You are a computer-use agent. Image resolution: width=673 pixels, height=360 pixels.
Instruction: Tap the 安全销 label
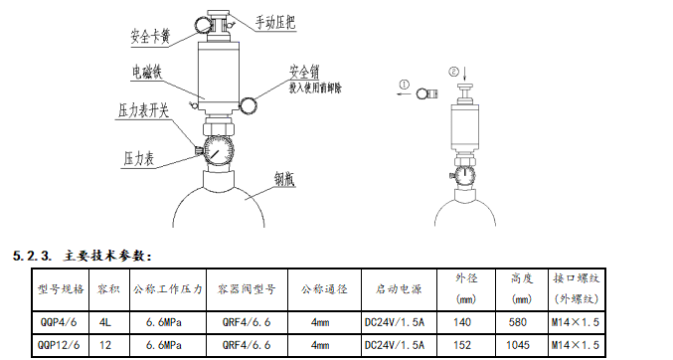[304, 72]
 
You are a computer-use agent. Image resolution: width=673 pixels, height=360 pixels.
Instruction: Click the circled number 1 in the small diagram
[404, 86]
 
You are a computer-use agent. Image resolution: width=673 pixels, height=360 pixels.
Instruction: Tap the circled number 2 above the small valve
[454, 72]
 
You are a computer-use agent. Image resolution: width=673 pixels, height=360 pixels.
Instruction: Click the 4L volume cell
[107, 322]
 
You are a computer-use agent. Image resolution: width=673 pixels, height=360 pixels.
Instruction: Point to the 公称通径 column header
[324, 289]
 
